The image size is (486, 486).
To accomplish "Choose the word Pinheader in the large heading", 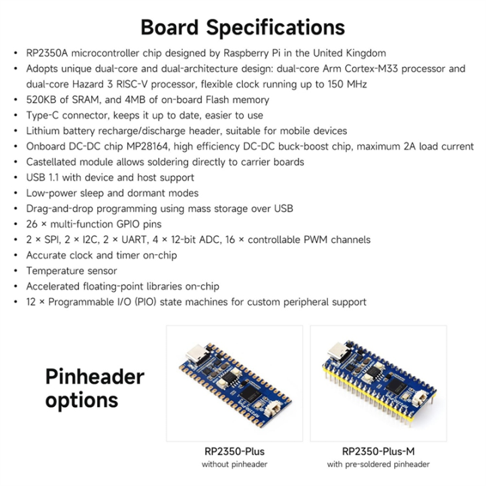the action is [94, 375].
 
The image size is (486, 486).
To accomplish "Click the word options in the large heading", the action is [82, 400].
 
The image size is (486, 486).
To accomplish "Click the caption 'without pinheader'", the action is [234, 464].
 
